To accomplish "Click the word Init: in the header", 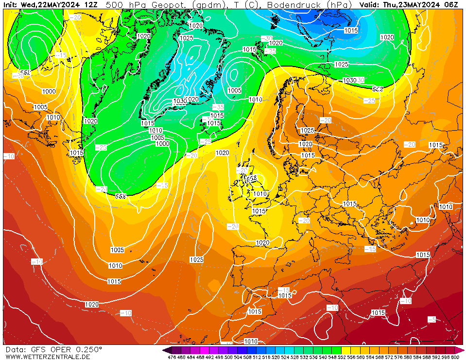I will point(11,5).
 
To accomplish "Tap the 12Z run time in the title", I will point(90,5).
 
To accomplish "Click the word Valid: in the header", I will point(369,5).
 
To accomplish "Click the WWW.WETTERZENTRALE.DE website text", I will point(48,357).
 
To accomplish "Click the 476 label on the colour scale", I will point(172,358).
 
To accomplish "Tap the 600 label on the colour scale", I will point(455,358).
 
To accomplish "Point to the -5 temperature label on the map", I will point(431,319).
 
